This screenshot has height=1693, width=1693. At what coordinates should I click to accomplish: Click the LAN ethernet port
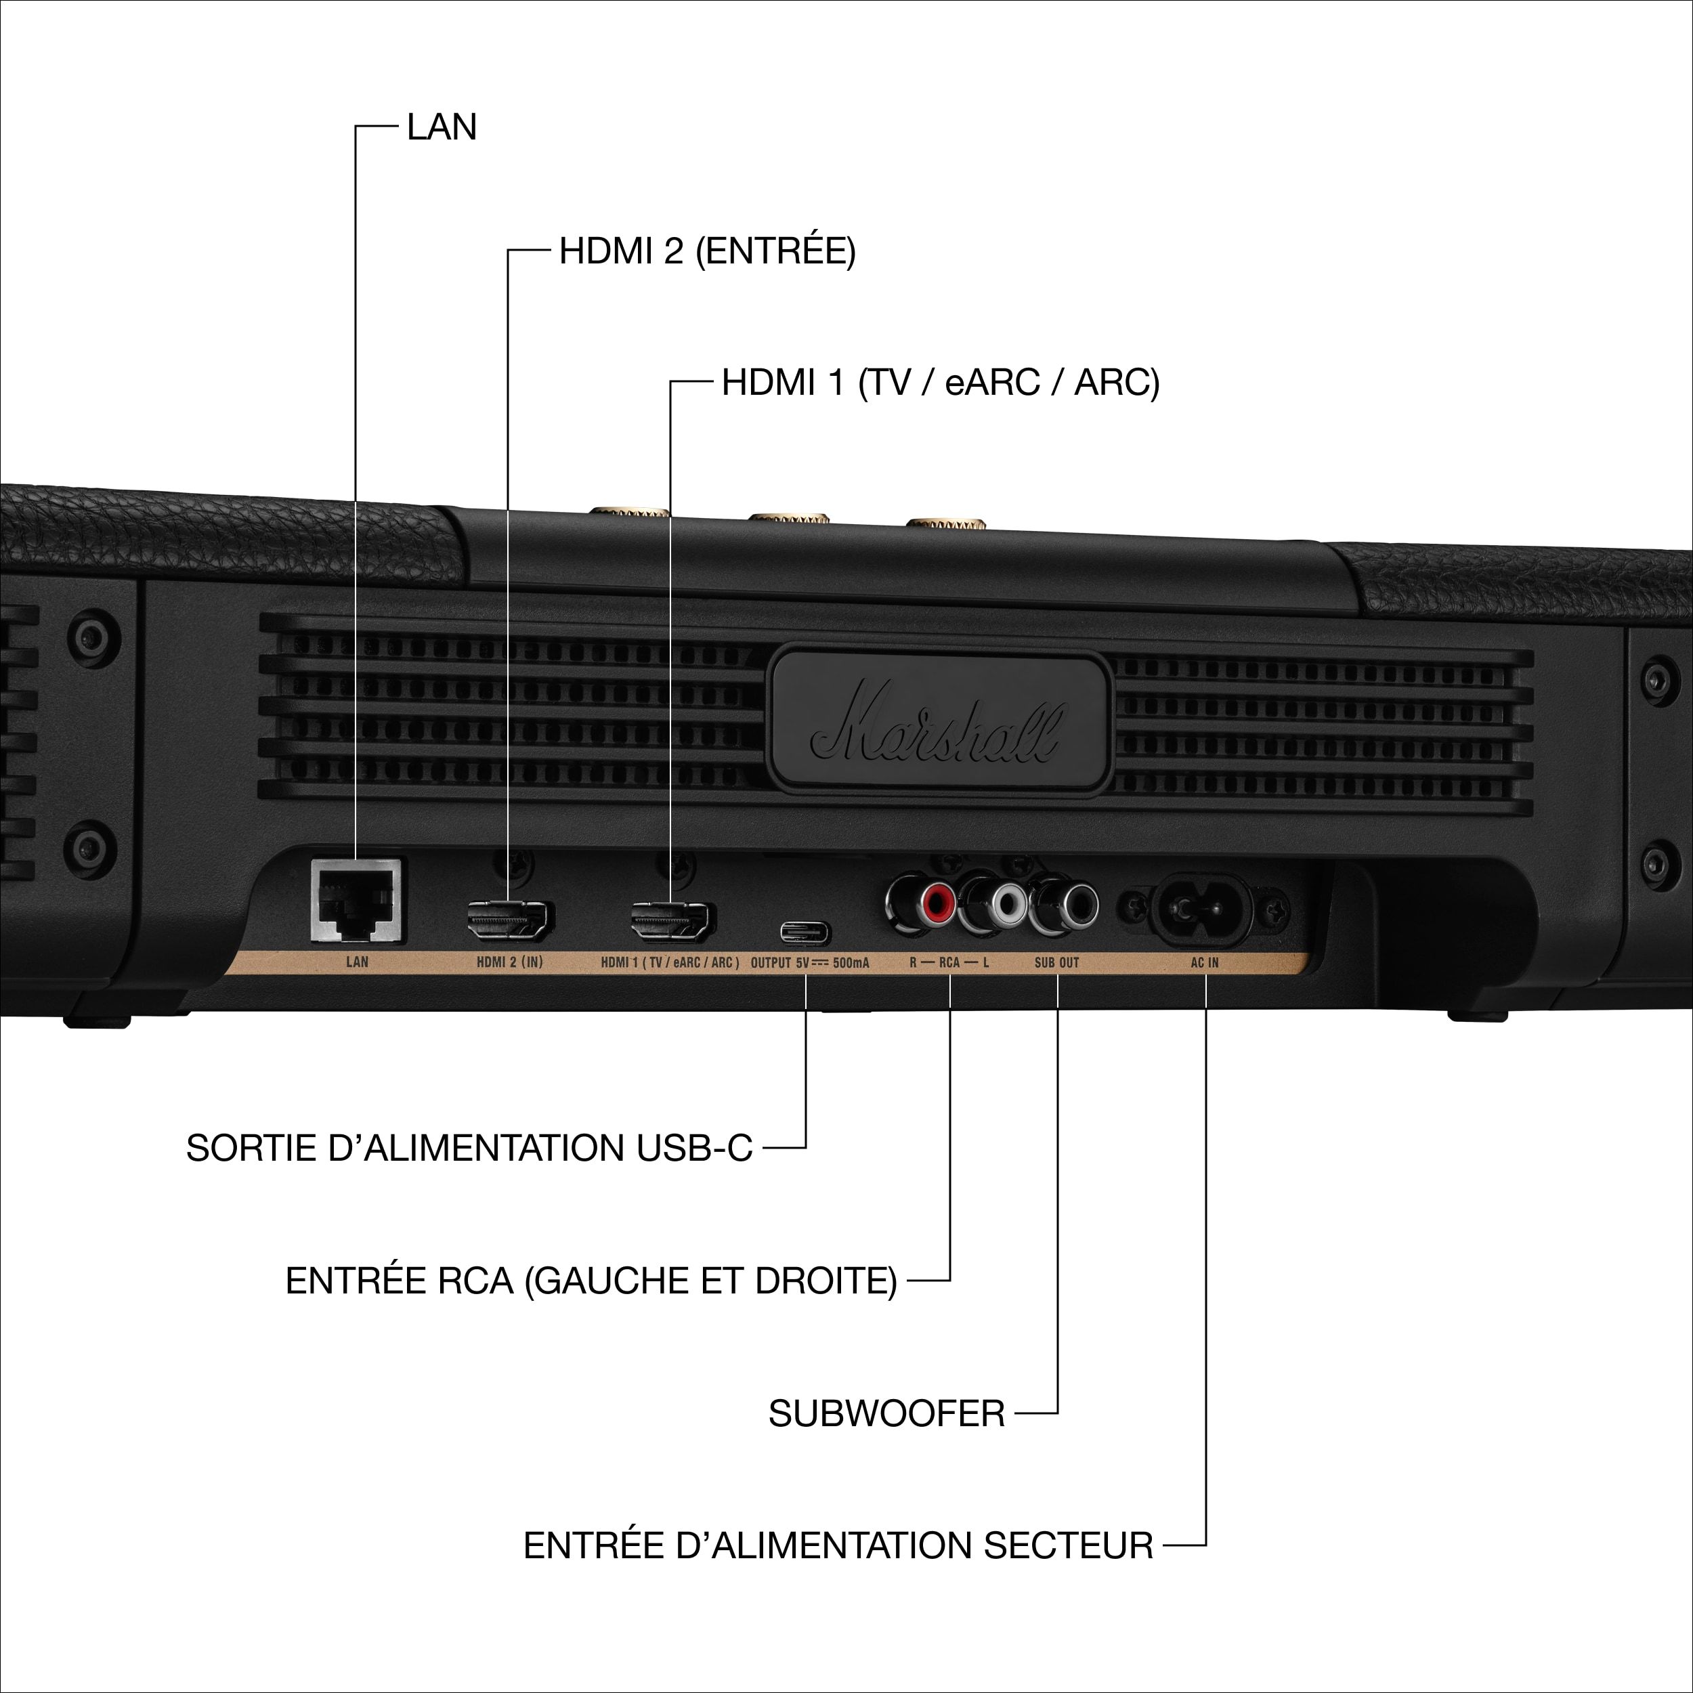(357, 903)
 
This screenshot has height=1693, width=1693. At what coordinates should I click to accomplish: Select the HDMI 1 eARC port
(671, 921)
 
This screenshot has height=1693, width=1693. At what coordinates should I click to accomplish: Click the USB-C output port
(805, 933)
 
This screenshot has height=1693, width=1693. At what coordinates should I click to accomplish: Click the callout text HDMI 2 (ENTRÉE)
(707, 251)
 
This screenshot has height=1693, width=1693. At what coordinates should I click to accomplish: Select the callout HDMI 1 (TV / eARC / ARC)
(940, 383)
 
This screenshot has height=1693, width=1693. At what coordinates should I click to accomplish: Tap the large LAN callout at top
(442, 127)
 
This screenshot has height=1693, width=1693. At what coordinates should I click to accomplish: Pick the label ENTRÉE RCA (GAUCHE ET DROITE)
(591, 1281)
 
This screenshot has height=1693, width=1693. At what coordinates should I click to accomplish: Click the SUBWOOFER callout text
(886, 1413)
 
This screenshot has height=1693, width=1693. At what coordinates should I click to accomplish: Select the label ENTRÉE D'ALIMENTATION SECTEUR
(838, 1546)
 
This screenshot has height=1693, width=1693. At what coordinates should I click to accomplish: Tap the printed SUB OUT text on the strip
(1057, 962)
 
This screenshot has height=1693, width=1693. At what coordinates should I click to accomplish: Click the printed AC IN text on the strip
(1205, 962)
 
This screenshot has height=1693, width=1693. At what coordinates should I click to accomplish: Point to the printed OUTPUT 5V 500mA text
(810, 962)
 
